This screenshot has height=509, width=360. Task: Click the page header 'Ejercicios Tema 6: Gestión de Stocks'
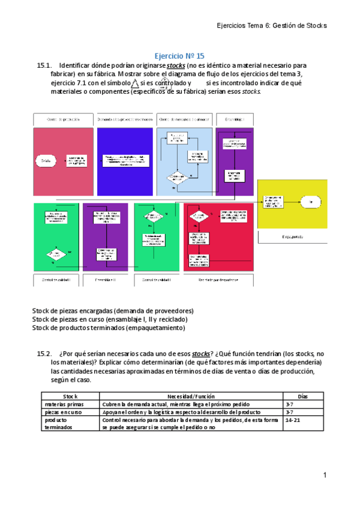271,26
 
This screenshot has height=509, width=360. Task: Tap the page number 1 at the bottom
324,476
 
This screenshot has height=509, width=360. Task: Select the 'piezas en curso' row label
63,413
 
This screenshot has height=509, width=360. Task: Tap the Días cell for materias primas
290,405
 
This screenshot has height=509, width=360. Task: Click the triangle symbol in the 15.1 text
135,83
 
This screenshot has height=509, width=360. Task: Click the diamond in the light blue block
177,178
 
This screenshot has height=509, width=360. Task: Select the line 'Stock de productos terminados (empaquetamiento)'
109,328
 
